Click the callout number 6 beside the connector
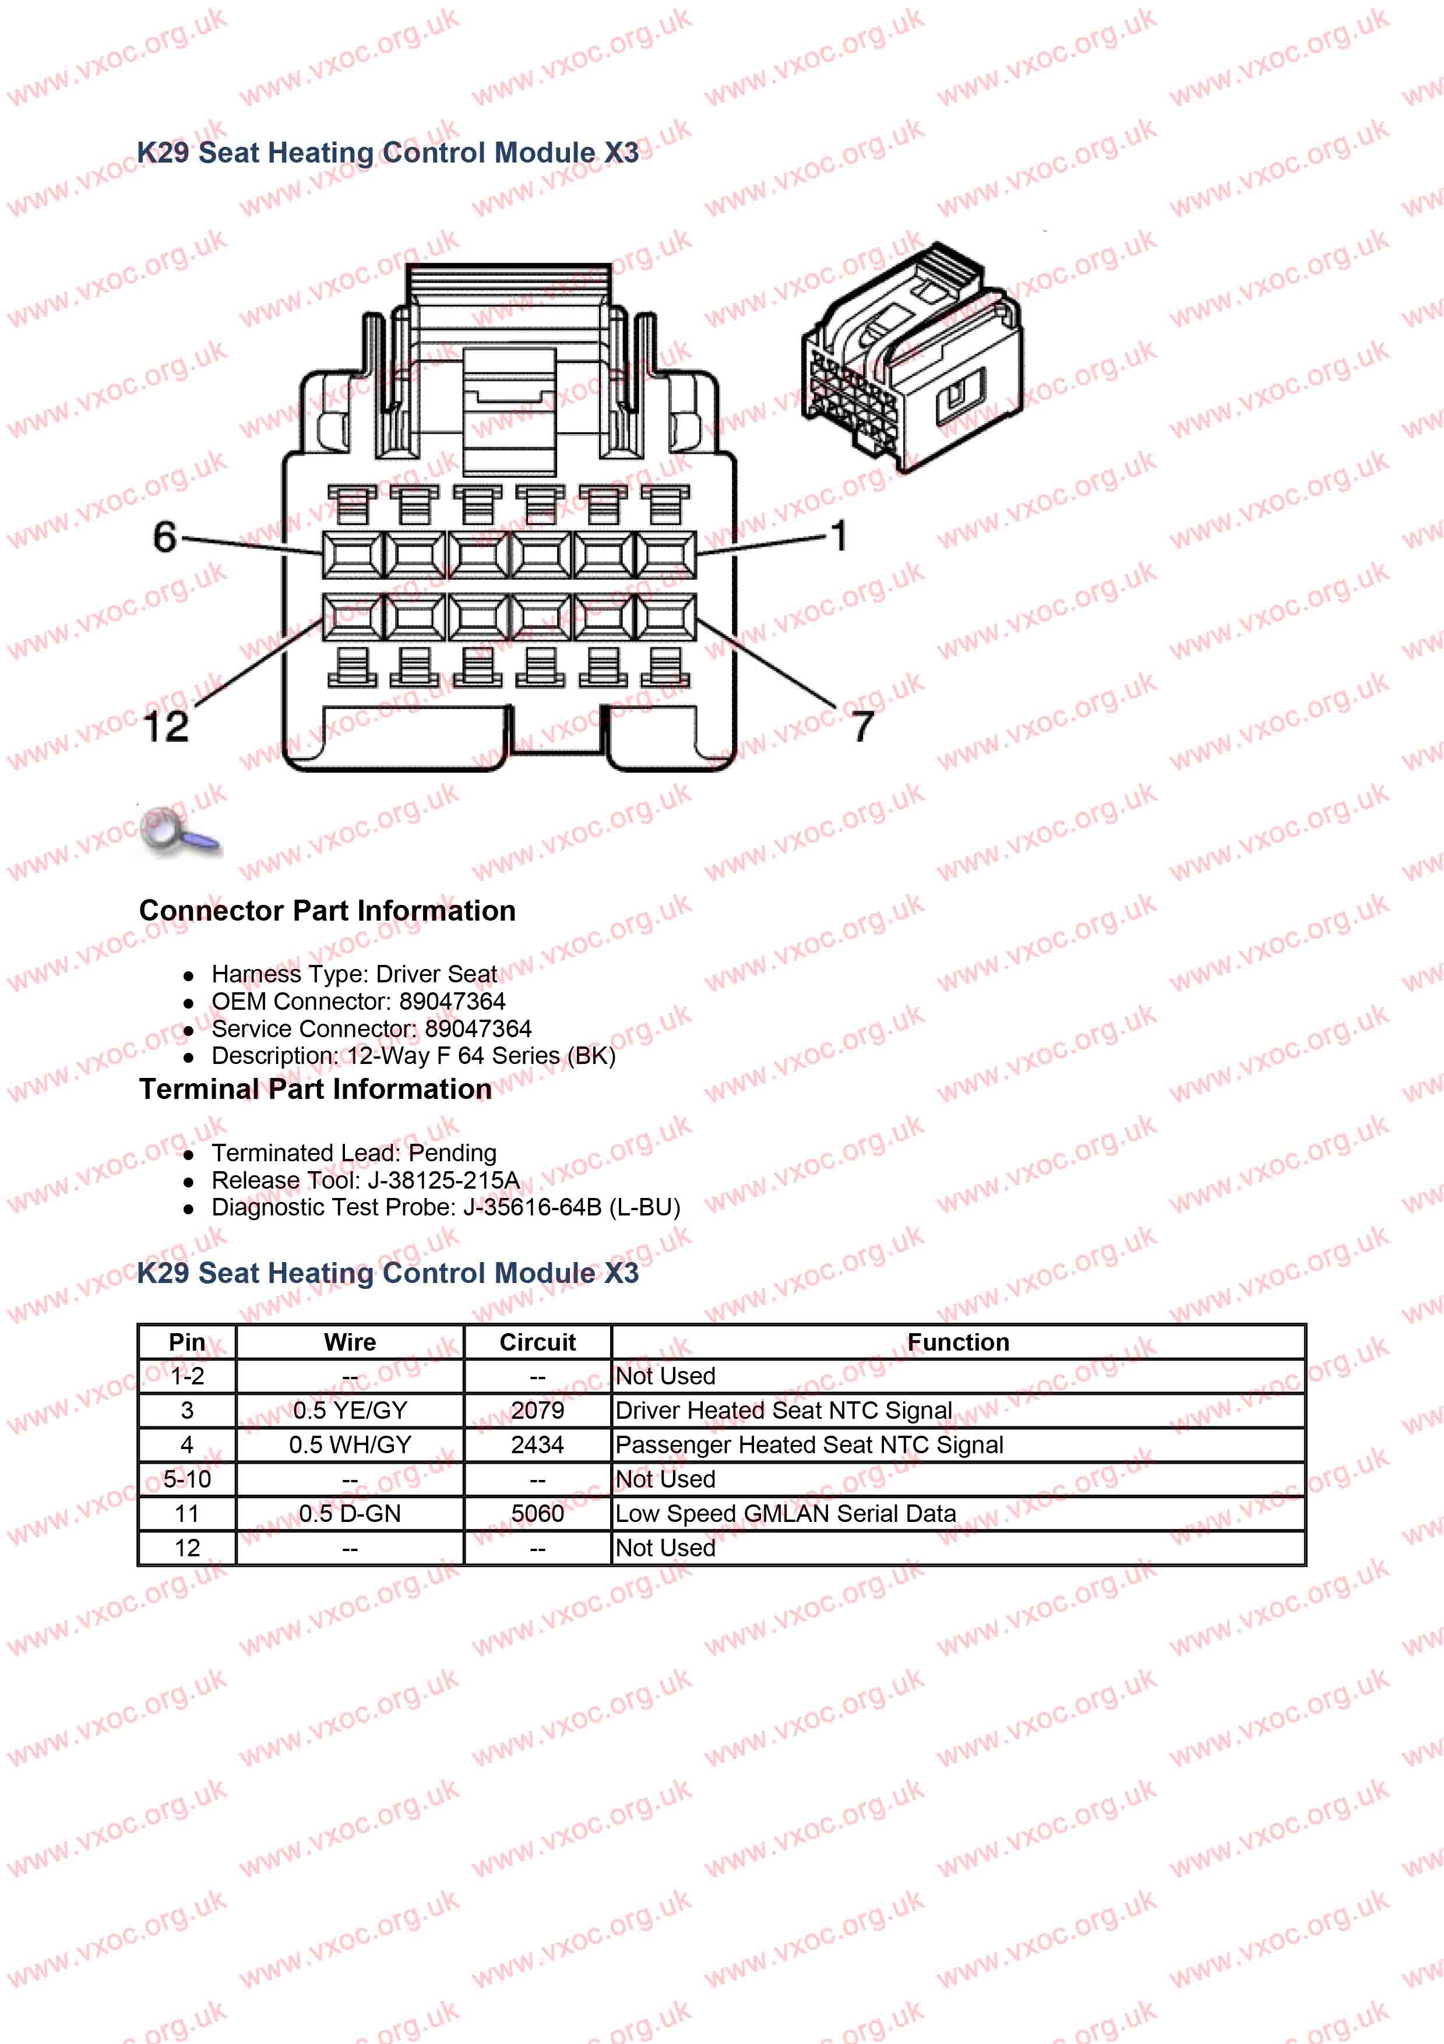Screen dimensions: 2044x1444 coord(165,537)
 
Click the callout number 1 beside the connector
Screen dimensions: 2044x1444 coord(839,536)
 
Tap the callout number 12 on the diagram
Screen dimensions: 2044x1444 coord(167,727)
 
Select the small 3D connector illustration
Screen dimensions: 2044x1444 coord(913,356)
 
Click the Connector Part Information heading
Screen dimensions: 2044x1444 coord(327,911)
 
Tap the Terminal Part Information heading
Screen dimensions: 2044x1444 coord(315,1089)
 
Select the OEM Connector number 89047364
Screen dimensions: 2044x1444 coord(452,1002)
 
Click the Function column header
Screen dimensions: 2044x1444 coord(958,1342)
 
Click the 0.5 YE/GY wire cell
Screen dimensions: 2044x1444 coord(350,1411)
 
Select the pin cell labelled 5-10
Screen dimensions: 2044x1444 coord(187,1479)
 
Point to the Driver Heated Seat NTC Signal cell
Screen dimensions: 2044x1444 coord(783,1411)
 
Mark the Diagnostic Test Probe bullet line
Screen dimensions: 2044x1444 coord(445,1208)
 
